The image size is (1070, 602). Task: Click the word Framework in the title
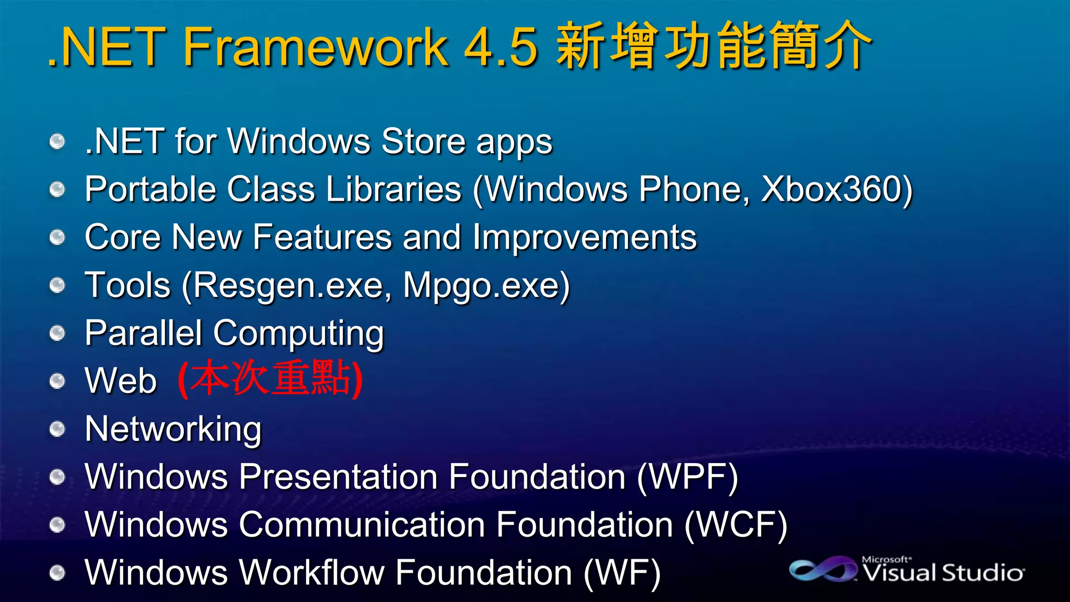click(315, 47)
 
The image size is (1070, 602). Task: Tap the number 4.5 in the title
click(501, 47)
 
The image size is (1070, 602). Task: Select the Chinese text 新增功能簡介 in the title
click(714, 46)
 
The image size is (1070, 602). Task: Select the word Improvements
click(585, 238)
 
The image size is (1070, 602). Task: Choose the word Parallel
click(144, 333)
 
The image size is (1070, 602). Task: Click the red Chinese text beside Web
click(270, 378)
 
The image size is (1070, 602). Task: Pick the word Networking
click(173, 430)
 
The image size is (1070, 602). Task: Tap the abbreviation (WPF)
click(688, 477)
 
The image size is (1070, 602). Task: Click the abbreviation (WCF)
click(736, 525)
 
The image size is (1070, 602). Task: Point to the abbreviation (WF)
click(622, 573)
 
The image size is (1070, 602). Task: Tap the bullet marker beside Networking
click(57, 430)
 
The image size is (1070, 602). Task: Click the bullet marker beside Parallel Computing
click(57, 333)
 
